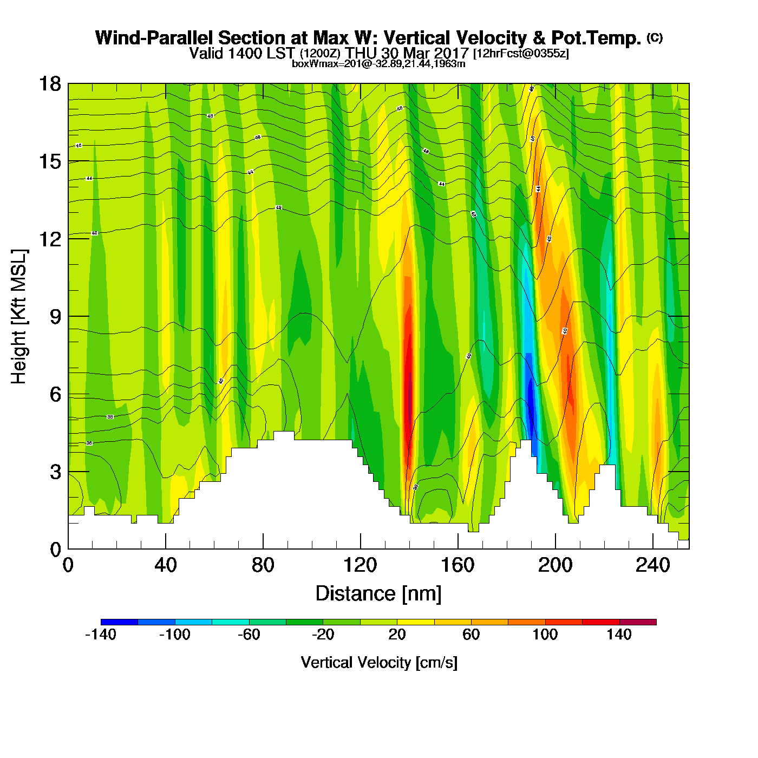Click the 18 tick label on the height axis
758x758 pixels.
(49, 84)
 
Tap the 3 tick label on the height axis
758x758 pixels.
(55, 472)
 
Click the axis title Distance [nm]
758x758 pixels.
(378, 594)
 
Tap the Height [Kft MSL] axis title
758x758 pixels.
(19, 317)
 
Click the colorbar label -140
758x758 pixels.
(101, 635)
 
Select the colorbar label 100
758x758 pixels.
(545, 635)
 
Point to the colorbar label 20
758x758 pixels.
(397, 635)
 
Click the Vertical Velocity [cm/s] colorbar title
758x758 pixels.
(379, 663)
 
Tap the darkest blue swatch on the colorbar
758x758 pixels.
(119, 622)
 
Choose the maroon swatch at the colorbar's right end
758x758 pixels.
(638, 622)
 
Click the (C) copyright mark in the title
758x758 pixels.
(655, 37)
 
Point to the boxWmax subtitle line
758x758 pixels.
(378, 64)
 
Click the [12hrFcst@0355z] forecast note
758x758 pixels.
(521, 54)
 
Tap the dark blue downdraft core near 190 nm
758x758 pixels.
(531, 403)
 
